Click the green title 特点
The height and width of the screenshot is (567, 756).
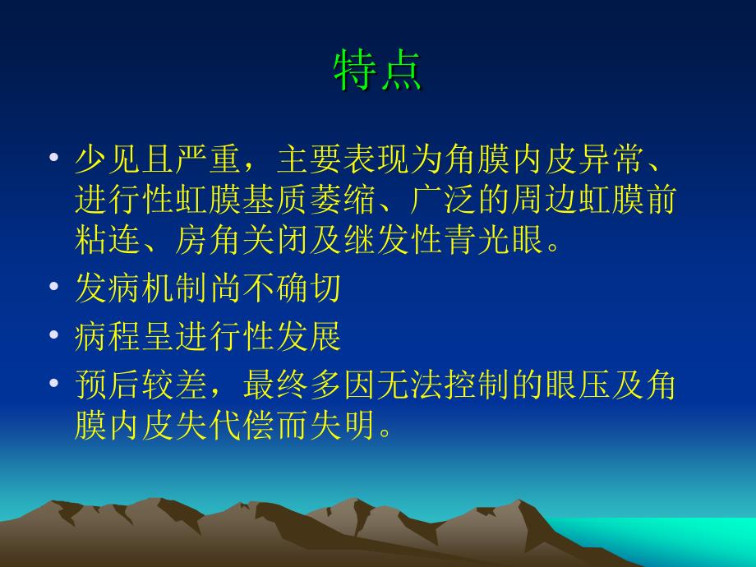tap(377, 71)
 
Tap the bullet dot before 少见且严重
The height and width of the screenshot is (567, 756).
tap(54, 157)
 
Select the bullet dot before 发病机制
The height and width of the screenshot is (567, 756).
tap(54, 286)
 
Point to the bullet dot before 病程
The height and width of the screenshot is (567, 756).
tap(54, 334)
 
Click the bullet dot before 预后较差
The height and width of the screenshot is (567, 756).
tap(54, 383)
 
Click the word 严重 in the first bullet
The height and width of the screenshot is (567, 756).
tap(209, 159)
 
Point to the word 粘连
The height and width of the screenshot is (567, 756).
tap(108, 240)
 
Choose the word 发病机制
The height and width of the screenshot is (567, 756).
tap(141, 288)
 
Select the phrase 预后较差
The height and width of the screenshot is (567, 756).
tap(141, 385)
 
